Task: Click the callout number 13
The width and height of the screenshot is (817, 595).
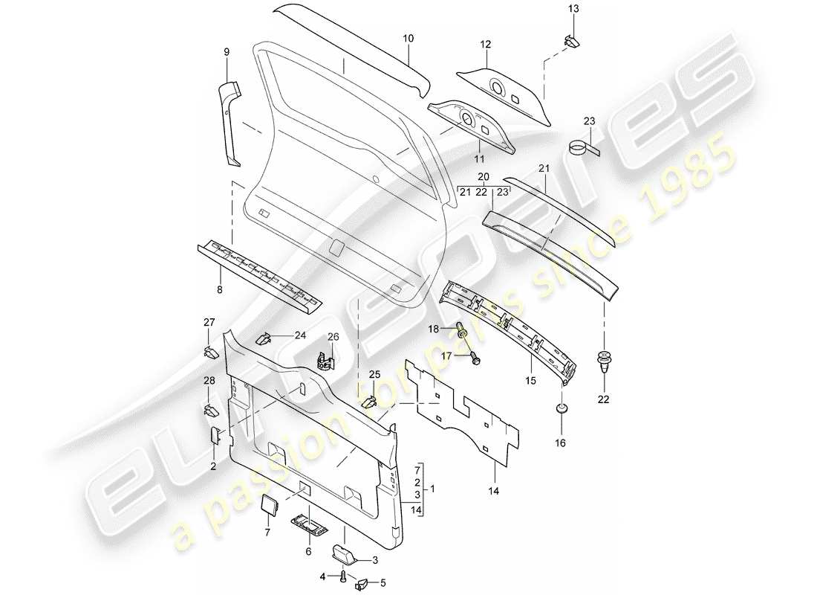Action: click(573, 8)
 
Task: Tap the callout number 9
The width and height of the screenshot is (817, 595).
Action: click(227, 52)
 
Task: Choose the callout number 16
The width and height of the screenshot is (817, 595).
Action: click(561, 443)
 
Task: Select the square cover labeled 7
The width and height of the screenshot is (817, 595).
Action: click(267, 506)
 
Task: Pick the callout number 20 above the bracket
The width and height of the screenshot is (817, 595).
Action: click(484, 178)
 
